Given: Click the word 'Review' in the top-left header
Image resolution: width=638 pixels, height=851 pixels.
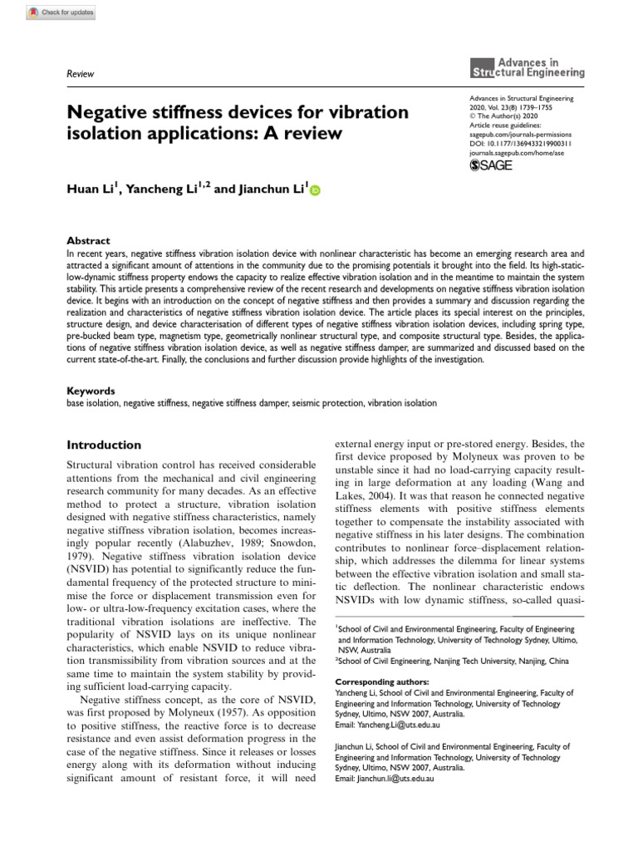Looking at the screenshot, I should pyautogui.click(x=80, y=74).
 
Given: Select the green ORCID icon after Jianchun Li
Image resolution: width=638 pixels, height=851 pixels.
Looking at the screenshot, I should pyautogui.click(x=315, y=191).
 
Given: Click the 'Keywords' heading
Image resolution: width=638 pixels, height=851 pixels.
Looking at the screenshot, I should pyautogui.click(x=91, y=390).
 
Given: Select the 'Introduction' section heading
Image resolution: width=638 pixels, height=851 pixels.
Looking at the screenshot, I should pyautogui.click(x=104, y=445).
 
